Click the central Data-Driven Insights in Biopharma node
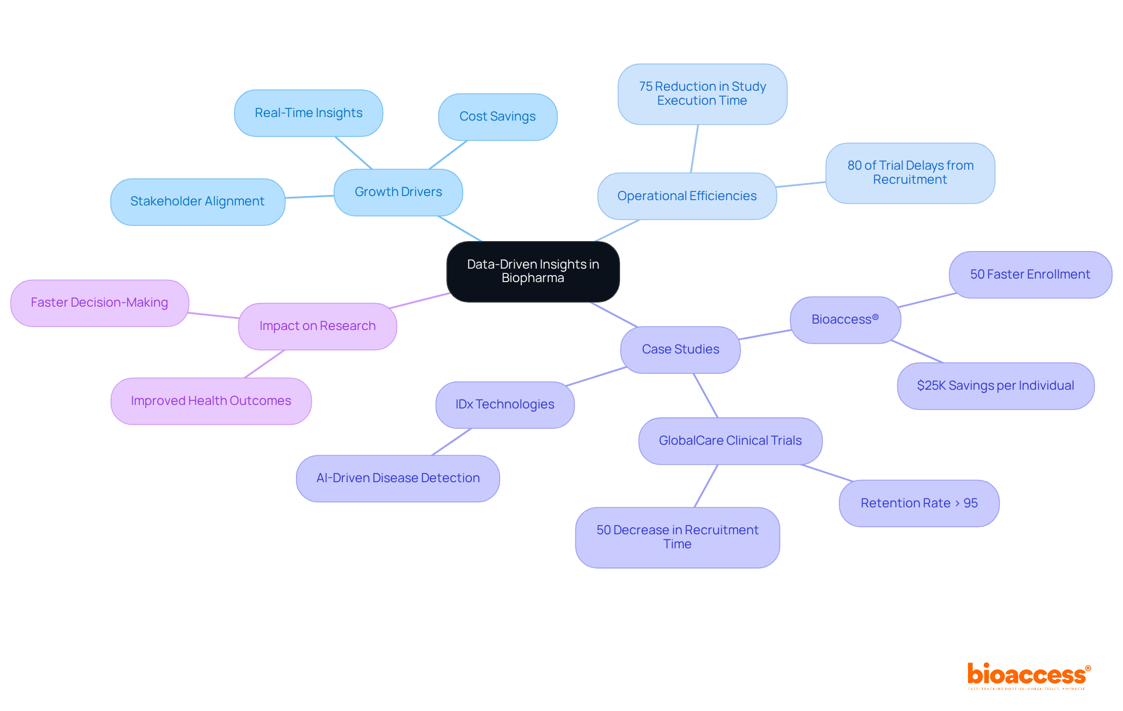(533, 272)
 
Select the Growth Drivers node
(398, 192)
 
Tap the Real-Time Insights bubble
(308, 113)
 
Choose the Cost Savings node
(497, 116)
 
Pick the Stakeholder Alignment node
(197, 201)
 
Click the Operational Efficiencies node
(687, 196)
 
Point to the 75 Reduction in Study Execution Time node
(702, 94)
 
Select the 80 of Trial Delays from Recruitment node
(910, 173)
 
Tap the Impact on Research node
(317, 326)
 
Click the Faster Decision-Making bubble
(99, 303)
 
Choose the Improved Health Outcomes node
(211, 401)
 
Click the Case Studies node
(680, 349)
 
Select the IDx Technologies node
(505, 404)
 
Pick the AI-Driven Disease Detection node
(398, 478)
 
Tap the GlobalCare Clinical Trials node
(730, 441)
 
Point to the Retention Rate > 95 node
(919, 503)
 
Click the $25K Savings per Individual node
(995, 386)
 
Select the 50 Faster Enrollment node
(1030, 274)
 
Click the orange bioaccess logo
(1028, 675)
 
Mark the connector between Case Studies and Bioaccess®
(765, 334)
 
